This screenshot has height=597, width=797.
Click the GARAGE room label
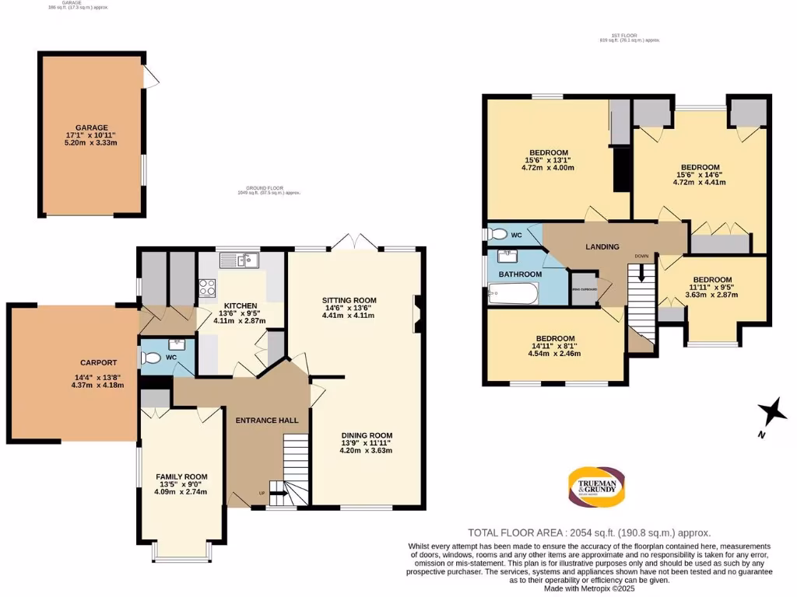(91, 127)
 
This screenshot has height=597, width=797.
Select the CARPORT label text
(99, 362)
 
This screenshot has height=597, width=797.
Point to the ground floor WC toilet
(150, 358)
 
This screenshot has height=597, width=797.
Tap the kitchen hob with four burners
(208, 288)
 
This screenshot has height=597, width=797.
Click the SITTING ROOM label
(349, 300)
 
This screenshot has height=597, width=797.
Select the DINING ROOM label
(366, 435)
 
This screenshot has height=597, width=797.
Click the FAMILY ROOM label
(181, 477)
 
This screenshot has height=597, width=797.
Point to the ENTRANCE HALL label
(267, 420)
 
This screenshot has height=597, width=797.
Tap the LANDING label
(602, 246)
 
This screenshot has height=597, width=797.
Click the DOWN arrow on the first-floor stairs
(641, 272)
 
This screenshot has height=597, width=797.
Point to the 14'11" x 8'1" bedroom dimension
(553, 354)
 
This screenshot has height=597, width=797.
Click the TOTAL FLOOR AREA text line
(589, 532)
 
